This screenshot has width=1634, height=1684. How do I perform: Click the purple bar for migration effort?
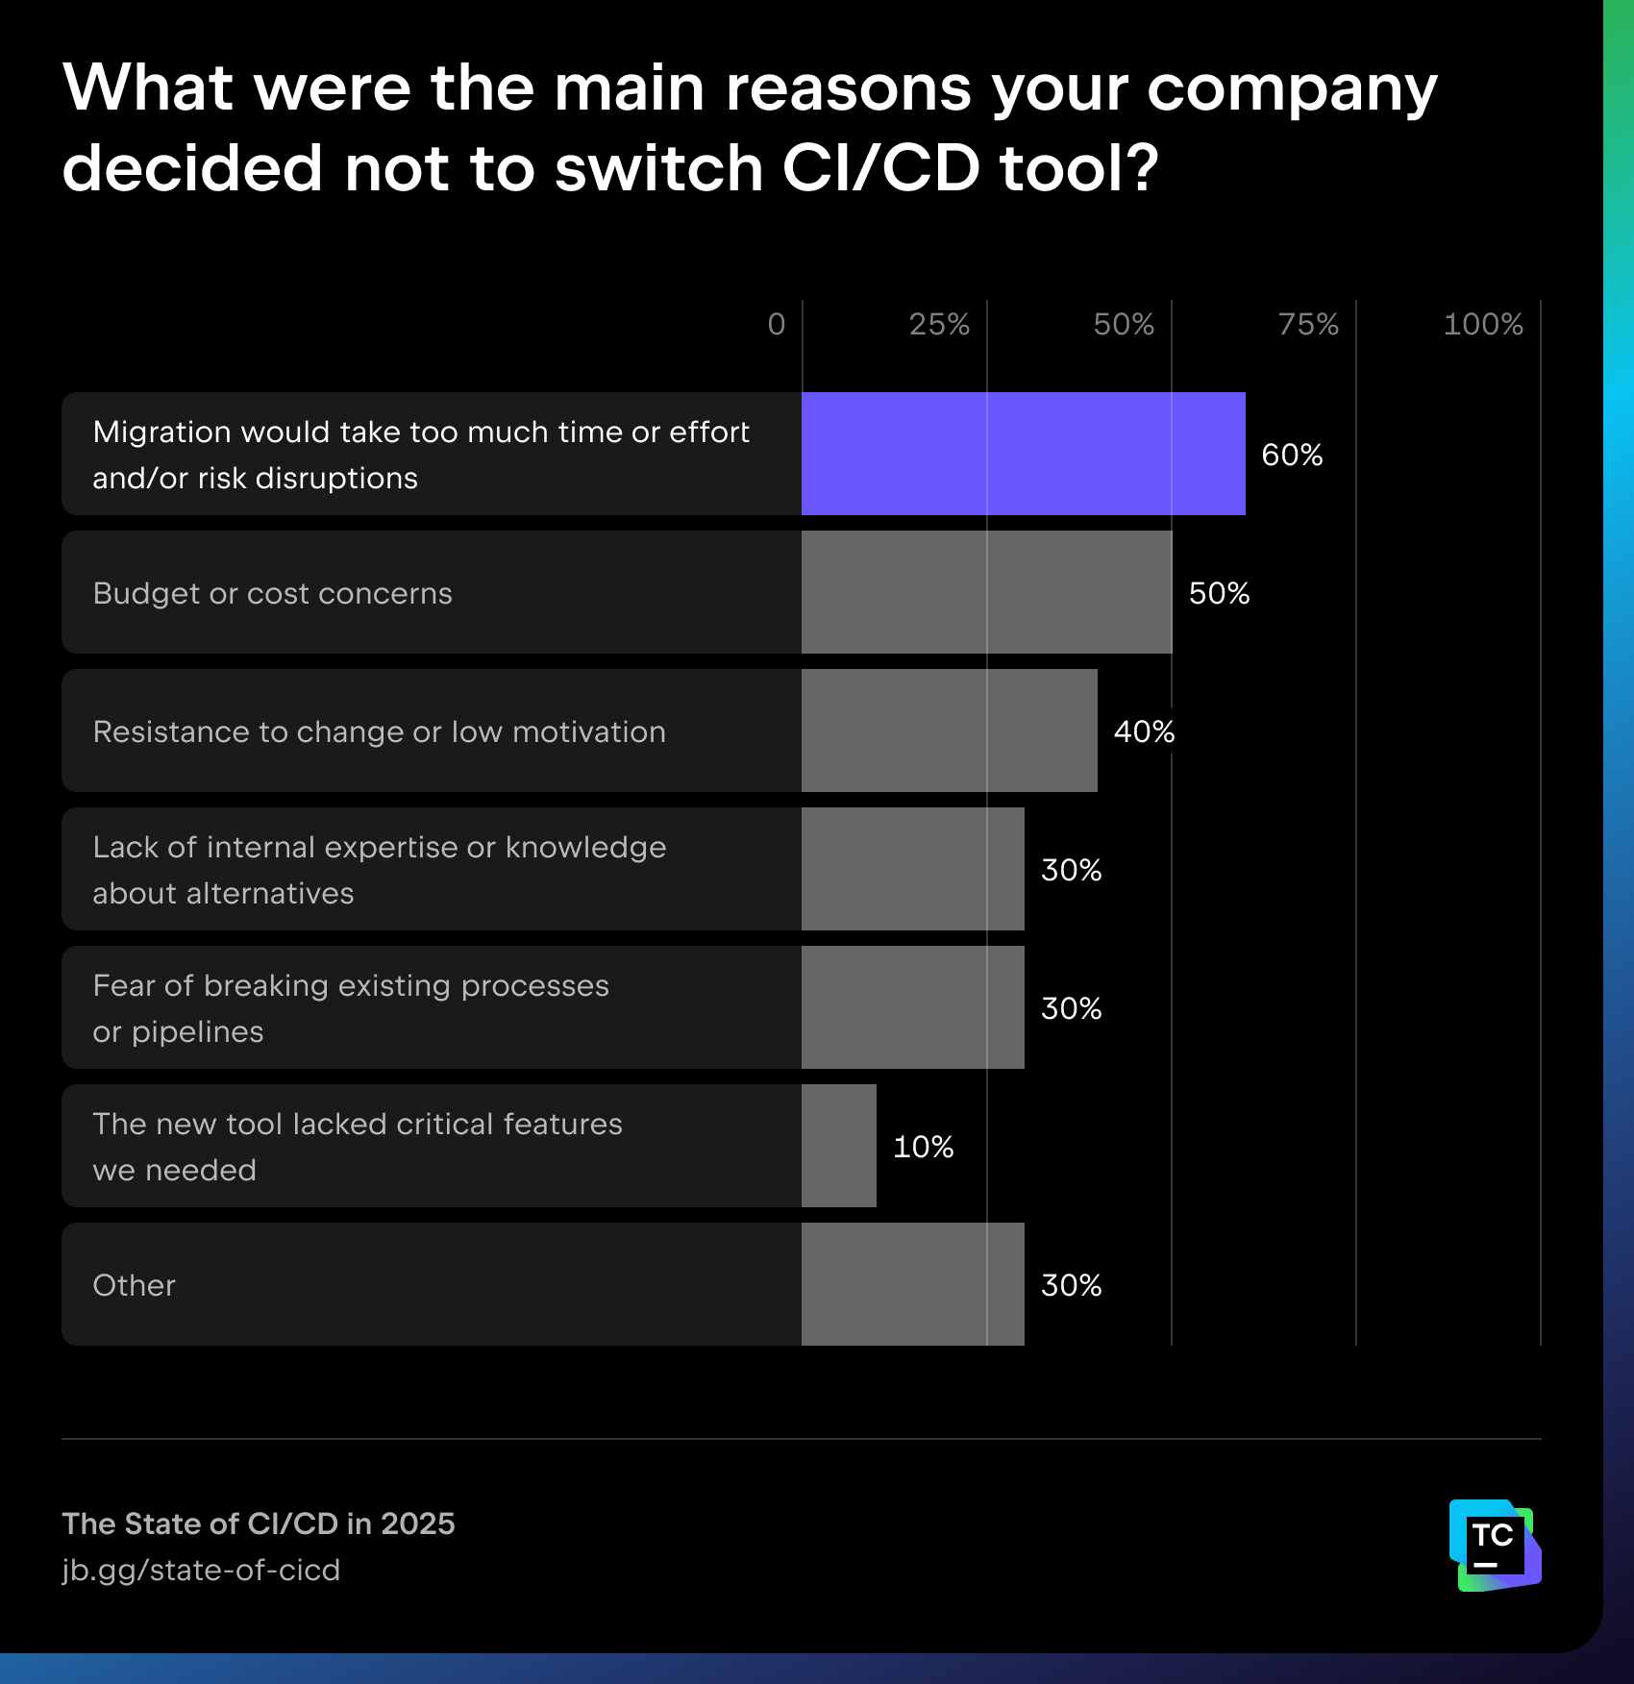pos(1023,454)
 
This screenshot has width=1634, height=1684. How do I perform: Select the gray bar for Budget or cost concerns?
pos(986,592)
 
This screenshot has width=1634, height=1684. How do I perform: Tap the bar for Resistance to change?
pos(949,731)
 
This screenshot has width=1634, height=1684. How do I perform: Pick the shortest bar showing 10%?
pos(838,1146)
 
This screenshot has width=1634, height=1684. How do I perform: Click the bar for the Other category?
pos(912,1284)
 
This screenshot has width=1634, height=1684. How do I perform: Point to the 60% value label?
pos(1291,455)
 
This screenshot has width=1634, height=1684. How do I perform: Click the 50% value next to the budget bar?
pos(1219,593)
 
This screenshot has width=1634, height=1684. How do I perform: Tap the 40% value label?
pos(1144,731)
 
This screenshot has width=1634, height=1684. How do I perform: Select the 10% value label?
pos(923,1147)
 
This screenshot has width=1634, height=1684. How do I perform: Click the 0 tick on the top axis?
pos(777,325)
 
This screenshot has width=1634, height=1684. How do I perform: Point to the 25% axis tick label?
pos(939,325)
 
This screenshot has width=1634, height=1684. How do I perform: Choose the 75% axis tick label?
pos(1308,325)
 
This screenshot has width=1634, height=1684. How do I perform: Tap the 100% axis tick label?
pos(1482,325)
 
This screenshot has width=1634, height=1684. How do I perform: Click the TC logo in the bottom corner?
pos(1494,1545)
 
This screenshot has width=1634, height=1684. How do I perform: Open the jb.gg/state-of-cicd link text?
pos(201,1570)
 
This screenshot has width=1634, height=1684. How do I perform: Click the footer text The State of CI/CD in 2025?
pos(259,1523)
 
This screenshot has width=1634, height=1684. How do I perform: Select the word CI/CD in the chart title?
pos(880,168)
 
